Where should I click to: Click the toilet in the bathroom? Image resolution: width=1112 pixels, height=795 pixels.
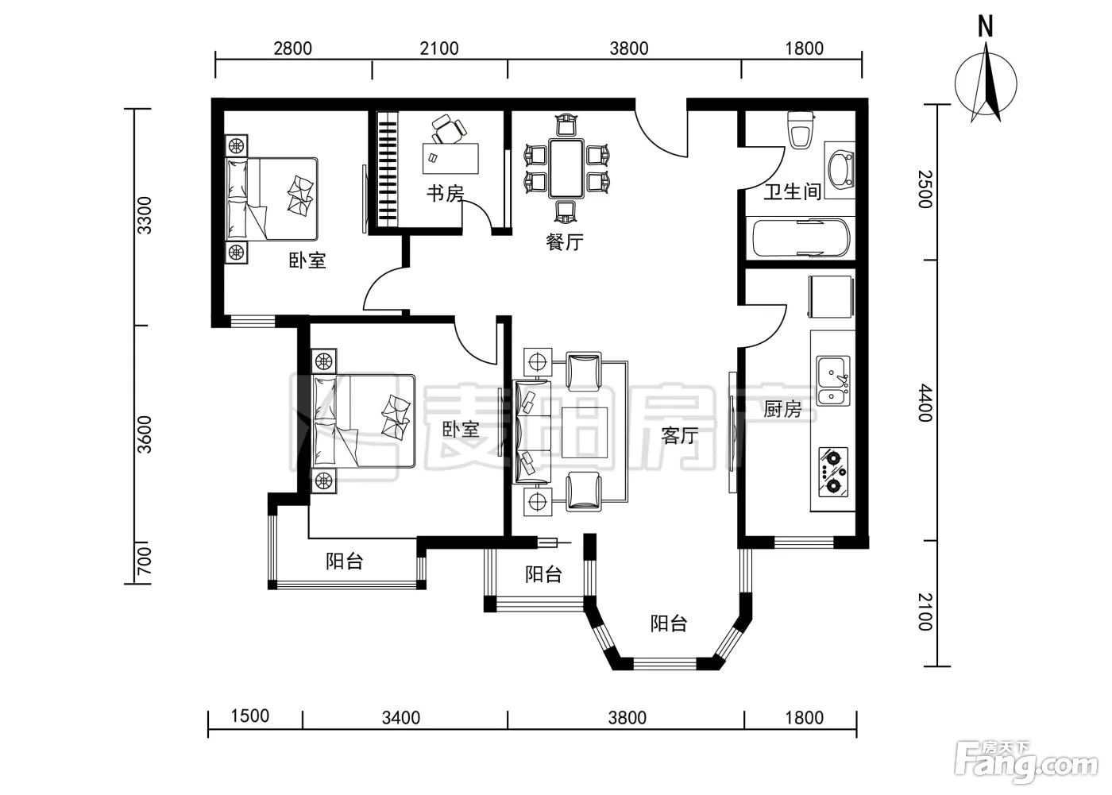(x=801, y=129)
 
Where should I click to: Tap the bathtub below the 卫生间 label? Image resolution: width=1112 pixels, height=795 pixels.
(x=801, y=237)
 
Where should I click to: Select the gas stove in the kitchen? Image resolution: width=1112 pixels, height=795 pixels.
(x=832, y=473)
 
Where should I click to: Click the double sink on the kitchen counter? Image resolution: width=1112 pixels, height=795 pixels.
(x=832, y=380)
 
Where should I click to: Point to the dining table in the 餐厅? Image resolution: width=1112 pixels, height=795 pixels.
(x=566, y=168)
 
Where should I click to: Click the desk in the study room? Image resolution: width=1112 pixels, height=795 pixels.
(x=450, y=158)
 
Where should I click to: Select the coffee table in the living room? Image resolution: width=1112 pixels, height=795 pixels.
(x=585, y=433)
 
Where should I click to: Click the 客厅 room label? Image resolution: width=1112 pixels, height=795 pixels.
(x=680, y=435)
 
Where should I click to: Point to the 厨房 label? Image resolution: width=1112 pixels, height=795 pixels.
(x=782, y=409)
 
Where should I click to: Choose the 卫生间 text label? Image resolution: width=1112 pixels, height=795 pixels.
(x=793, y=191)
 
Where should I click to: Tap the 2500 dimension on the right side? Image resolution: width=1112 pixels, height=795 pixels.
(x=925, y=189)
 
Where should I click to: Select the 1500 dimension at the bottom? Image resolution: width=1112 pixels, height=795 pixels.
(x=250, y=716)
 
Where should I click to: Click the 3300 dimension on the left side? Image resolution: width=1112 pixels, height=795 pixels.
(x=145, y=215)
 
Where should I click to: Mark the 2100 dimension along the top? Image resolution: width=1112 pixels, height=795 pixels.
(x=438, y=48)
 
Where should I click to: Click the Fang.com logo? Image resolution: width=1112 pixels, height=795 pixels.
(x=1026, y=765)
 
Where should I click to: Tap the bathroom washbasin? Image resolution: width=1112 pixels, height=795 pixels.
(x=840, y=170)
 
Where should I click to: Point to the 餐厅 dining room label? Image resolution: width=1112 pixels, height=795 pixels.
(x=565, y=241)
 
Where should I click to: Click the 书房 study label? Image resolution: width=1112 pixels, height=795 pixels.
(x=446, y=194)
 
